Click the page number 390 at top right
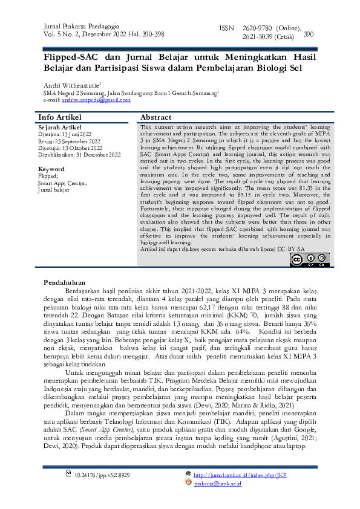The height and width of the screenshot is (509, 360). coord(309,34)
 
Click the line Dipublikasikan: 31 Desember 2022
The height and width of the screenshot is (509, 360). coord(79,155)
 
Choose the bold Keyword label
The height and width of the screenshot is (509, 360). coord(51,169)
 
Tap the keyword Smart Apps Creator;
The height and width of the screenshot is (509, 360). coord(62,183)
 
